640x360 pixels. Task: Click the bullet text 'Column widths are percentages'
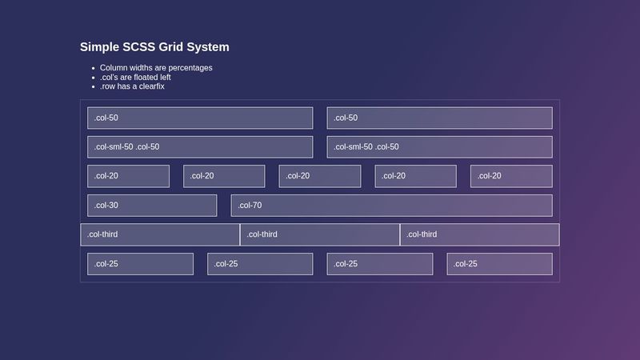click(x=156, y=68)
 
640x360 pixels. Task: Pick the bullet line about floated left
click(x=135, y=77)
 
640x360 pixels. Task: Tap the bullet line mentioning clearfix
click(x=132, y=86)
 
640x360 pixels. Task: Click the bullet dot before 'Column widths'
click(x=94, y=68)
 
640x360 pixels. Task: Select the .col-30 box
click(x=152, y=206)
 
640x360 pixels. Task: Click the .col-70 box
click(x=391, y=206)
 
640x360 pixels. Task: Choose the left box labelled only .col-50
click(x=200, y=118)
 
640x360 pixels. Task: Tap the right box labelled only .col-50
click(x=439, y=118)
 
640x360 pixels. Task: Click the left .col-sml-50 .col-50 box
click(x=200, y=147)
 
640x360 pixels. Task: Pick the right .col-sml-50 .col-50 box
click(x=439, y=147)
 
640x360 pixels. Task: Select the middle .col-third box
click(x=320, y=234)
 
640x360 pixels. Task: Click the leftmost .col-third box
click(x=160, y=234)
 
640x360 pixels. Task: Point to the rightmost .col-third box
click(x=479, y=234)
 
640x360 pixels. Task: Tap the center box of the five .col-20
click(x=320, y=176)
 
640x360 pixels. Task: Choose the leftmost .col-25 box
click(x=140, y=264)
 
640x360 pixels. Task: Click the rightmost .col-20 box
click(x=511, y=176)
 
